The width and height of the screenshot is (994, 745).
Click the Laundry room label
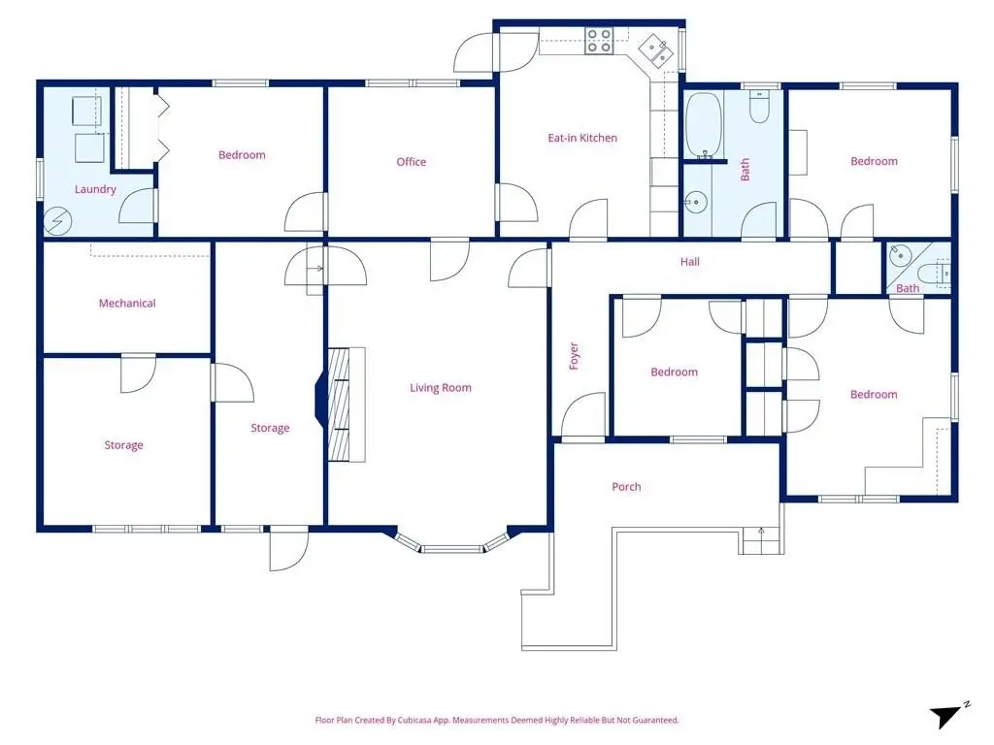coord(95,189)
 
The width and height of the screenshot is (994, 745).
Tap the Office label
coord(411,162)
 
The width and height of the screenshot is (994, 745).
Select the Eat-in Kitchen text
coord(582,138)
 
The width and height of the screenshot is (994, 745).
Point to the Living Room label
coord(440,388)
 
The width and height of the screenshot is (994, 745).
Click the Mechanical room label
coord(127,303)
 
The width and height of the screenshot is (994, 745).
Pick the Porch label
coord(626,487)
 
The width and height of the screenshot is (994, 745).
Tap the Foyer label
coord(574,356)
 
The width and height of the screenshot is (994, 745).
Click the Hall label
coord(690,262)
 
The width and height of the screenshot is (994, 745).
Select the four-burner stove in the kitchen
coord(598,41)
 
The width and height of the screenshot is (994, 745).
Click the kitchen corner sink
coord(656,49)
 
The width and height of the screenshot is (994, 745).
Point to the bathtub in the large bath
coord(704,125)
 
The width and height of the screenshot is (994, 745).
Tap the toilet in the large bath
coord(759,106)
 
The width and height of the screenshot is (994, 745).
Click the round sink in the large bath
coord(695,203)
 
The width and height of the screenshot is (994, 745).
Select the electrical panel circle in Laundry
coord(57,222)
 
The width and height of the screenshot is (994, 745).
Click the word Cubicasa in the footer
coord(414,721)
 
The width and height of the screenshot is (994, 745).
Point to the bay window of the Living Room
coord(452,543)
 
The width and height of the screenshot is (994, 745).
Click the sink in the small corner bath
coord(900,255)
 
